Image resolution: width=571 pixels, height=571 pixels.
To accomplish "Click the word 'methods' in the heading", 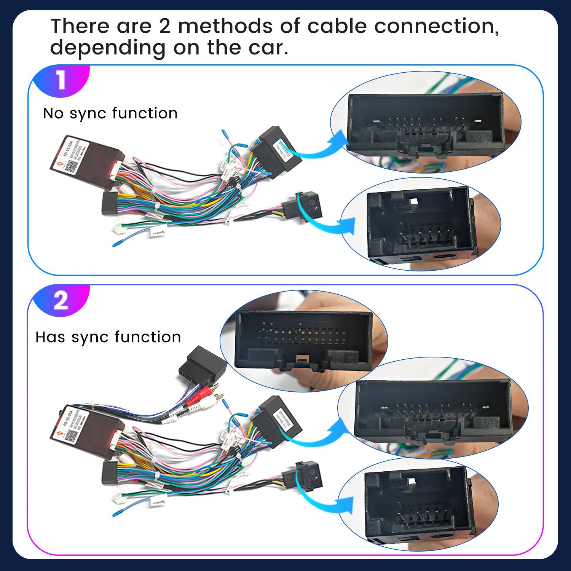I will pos(225,26).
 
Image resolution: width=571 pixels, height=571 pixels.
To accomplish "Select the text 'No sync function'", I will pos(110,113).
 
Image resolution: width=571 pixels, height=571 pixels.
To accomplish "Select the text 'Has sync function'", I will pos(108,337).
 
